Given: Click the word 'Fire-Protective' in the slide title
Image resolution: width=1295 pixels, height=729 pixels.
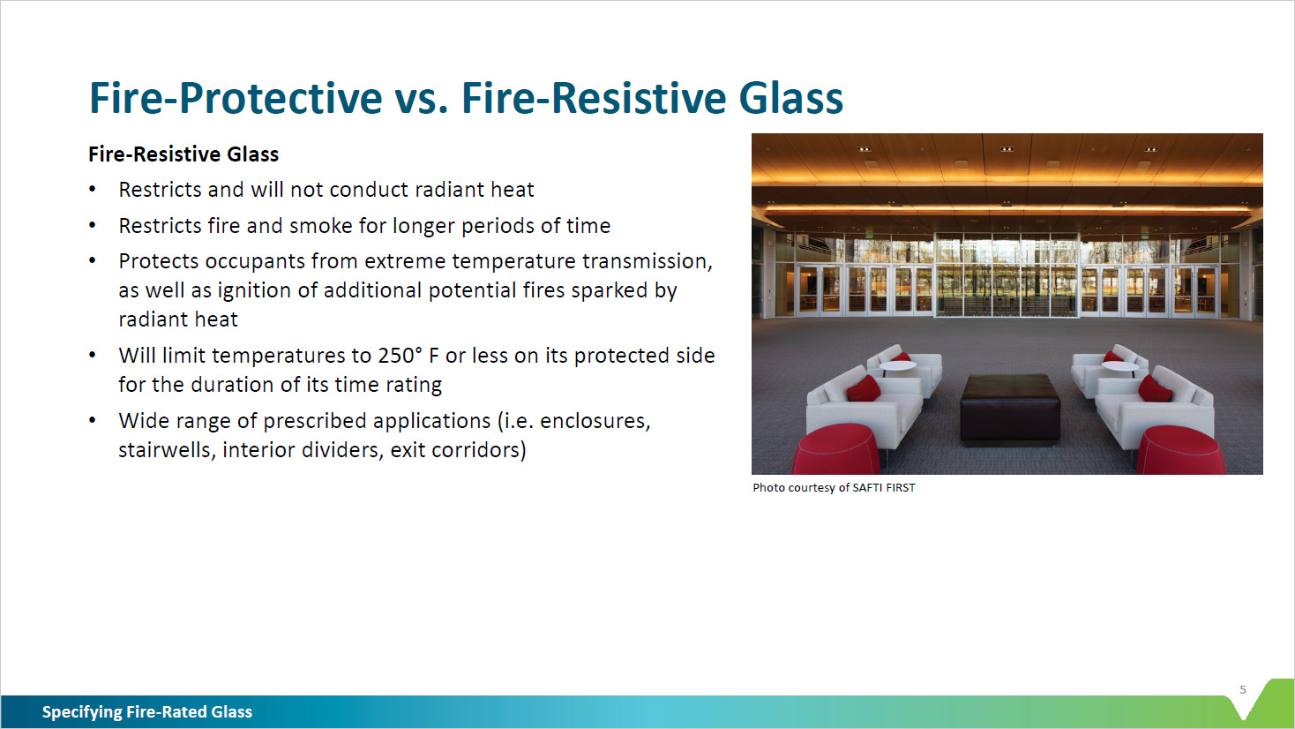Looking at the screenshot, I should pos(236,97).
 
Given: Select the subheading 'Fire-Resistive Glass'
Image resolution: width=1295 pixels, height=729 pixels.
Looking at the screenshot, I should pos(183,154).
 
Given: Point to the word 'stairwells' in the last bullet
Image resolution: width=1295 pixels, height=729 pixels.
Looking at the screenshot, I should pos(166,450).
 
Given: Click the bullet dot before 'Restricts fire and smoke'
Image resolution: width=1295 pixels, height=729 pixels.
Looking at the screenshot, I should pos(93,226).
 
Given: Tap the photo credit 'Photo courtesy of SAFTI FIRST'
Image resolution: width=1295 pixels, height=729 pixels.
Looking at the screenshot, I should pos(834,487).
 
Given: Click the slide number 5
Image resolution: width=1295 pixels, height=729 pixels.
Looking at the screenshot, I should pos(1243,690).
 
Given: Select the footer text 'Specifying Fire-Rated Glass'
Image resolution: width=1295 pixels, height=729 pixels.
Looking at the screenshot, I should pos(147,712).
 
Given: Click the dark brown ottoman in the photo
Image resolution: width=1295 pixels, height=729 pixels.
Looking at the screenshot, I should pos(1010,407).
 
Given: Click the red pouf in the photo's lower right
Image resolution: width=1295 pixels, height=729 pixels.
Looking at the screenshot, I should pos(1180,451).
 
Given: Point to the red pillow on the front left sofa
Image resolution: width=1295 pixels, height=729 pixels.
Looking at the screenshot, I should pos(864,388).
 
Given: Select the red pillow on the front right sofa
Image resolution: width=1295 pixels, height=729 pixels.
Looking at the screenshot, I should pos(1156,387).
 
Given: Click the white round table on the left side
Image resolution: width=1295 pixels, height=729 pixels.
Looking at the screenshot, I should pos(897,364).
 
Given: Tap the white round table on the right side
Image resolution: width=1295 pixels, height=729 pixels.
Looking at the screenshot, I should pos(1119,365).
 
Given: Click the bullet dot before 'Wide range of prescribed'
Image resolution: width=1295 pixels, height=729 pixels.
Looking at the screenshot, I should pos(93,421).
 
